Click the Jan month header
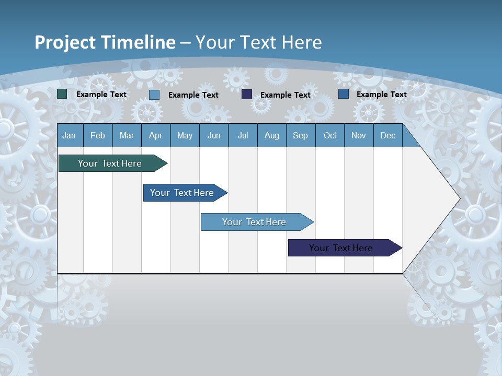[x=70, y=135]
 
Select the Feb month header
[x=98, y=135]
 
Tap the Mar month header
[x=127, y=135]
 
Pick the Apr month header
[x=156, y=135]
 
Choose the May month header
[x=185, y=135]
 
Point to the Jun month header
[x=214, y=135]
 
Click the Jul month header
[x=243, y=135]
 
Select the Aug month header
[x=272, y=135]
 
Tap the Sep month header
[x=301, y=135]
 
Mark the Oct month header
[x=330, y=135]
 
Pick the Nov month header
[x=359, y=135]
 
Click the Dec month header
[x=388, y=135]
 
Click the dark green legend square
[x=62, y=94]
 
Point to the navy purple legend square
[x=247, y=95]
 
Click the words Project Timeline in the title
[x=105, y=42]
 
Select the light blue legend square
[x=154, y=95]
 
